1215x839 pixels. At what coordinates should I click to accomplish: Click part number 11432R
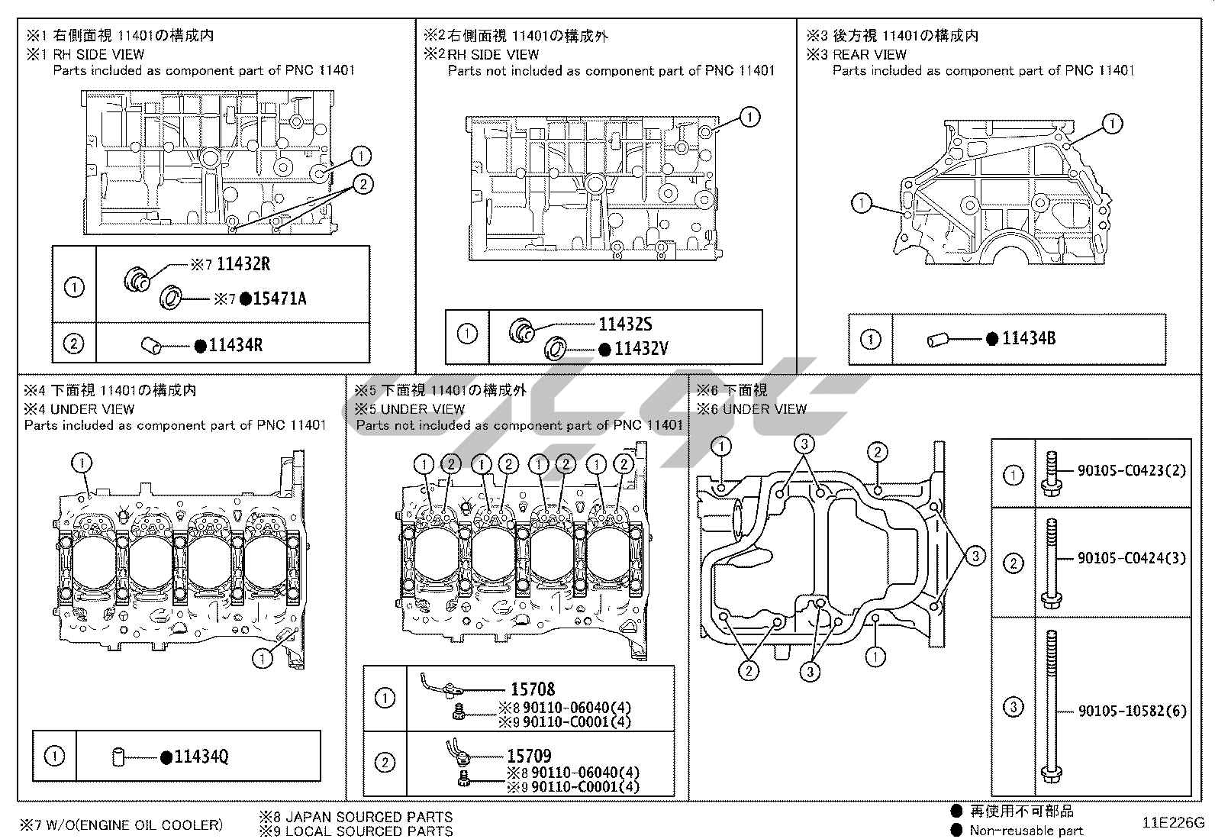243,264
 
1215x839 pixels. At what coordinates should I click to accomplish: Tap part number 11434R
236,345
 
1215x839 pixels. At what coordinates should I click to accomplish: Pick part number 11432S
625,324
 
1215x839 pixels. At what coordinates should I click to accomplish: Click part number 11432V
641,349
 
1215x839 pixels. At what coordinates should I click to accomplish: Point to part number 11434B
1029,338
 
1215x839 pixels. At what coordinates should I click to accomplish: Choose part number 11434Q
201,757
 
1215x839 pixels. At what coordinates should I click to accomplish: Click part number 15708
533,689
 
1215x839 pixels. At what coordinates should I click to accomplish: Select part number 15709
529,756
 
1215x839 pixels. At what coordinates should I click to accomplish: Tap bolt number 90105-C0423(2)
1132,471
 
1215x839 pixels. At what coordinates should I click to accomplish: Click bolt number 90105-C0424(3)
1132,558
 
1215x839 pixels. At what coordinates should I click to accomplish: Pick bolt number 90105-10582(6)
1132,711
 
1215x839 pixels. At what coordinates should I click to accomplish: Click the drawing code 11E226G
1173,823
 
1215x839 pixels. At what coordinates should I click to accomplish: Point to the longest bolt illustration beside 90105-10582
1050,707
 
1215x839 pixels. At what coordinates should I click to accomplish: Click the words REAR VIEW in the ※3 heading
869,54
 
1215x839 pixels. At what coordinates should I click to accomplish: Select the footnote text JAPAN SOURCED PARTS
369,817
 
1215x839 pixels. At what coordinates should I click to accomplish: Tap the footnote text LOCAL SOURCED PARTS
369,831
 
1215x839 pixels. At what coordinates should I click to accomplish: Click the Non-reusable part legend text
1026,831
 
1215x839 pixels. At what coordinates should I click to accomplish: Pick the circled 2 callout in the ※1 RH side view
363,183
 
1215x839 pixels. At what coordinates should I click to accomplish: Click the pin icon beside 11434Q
118,757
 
